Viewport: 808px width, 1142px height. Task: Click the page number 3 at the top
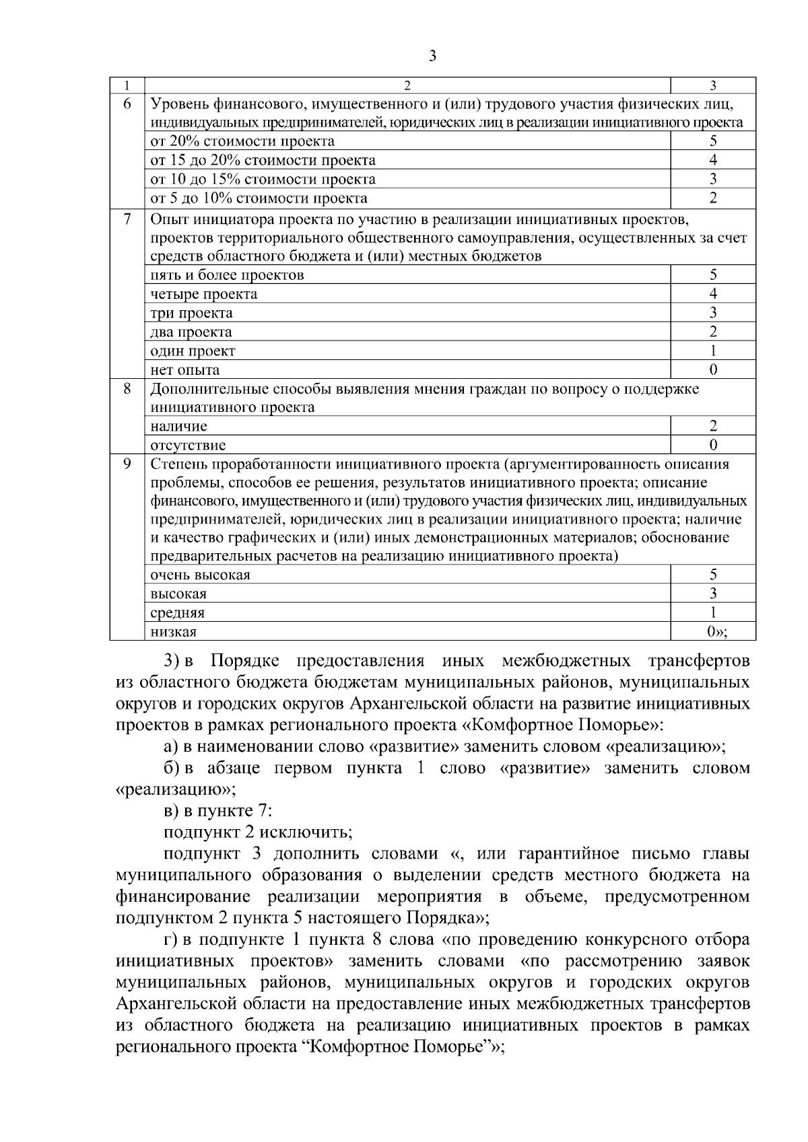pos(432,57)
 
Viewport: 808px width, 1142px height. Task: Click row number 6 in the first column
pos(127,104)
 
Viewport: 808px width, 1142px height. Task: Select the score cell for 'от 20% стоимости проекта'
pos(713,141)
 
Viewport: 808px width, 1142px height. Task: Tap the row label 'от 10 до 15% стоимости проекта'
pos(263,179)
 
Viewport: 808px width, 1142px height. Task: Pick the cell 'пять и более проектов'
pos(227,275)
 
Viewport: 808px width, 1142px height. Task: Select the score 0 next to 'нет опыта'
pos(713,369)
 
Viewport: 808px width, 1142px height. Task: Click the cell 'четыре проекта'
pos(203,294)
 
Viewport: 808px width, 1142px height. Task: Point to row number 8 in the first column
pos(127,389)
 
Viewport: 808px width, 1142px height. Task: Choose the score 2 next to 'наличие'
pos(713,426)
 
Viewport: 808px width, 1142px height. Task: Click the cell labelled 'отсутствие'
pos(188,445)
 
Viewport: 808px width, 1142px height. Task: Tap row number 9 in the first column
pos(127,464)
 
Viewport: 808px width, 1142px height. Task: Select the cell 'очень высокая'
pos(200,575)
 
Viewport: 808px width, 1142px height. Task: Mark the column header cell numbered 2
pos(407,85)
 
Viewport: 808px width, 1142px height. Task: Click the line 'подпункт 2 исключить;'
pos(258,832)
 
